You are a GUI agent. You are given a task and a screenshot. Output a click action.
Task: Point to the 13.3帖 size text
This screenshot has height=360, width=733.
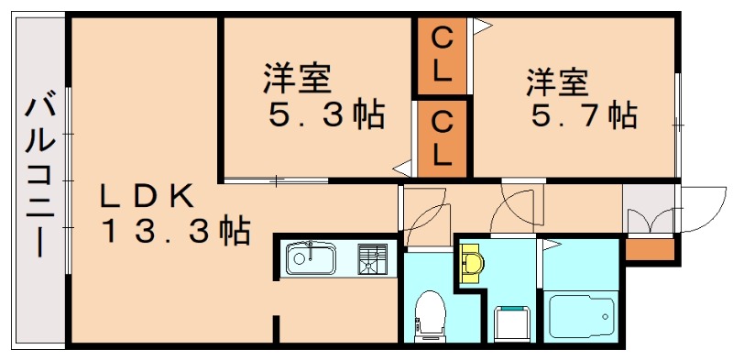pos(175,233)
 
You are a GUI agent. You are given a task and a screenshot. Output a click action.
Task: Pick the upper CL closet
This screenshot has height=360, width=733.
pos(442,55)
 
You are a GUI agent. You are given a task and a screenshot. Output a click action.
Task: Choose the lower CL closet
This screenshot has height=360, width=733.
pos(442,136)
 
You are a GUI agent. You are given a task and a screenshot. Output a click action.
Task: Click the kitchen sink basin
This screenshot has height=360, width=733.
pos(312,258)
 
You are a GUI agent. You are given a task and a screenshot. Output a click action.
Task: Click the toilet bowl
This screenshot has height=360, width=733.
pos(428,311)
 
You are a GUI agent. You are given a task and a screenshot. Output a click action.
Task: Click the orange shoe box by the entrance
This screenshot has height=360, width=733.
pos(650,248)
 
